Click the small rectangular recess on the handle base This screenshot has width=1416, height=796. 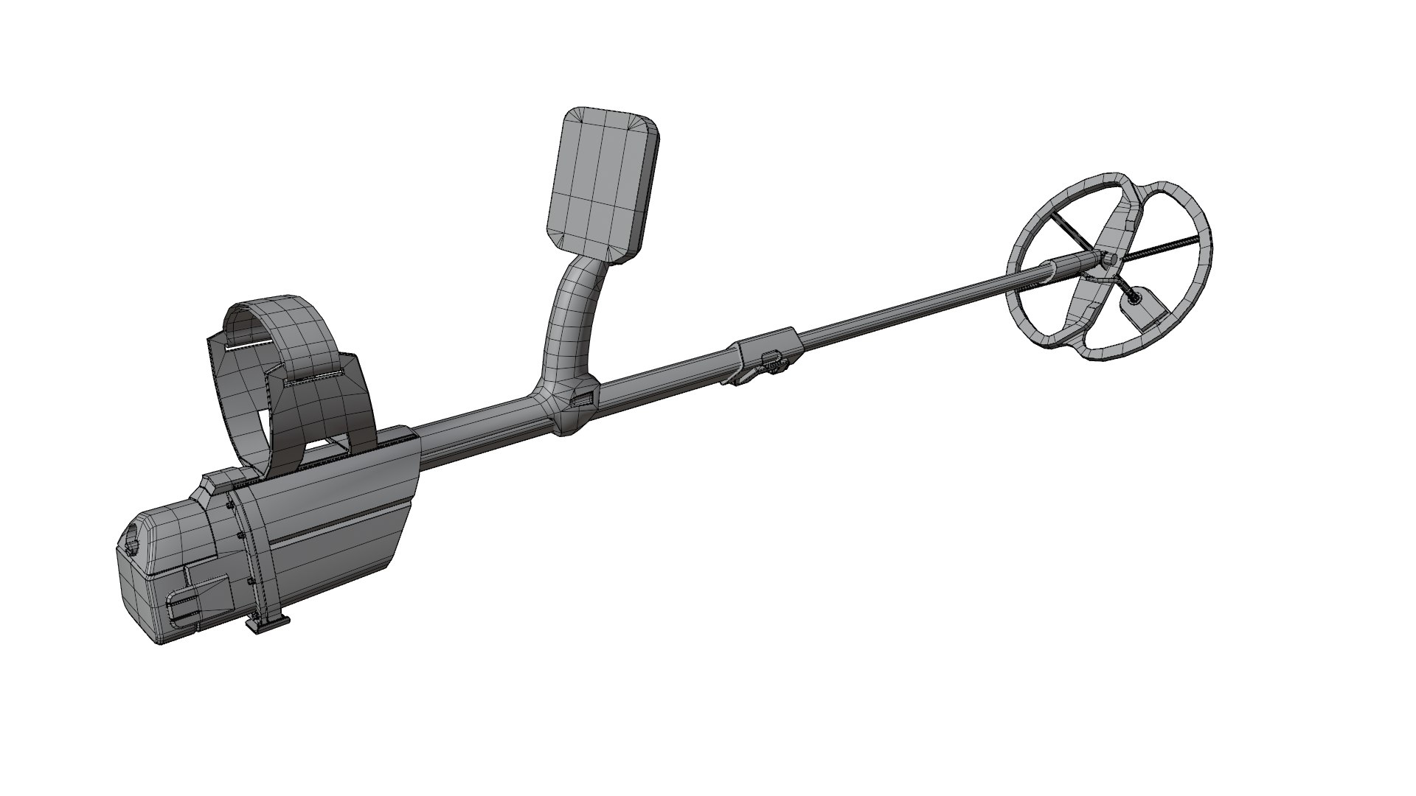[x=582, y=399]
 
